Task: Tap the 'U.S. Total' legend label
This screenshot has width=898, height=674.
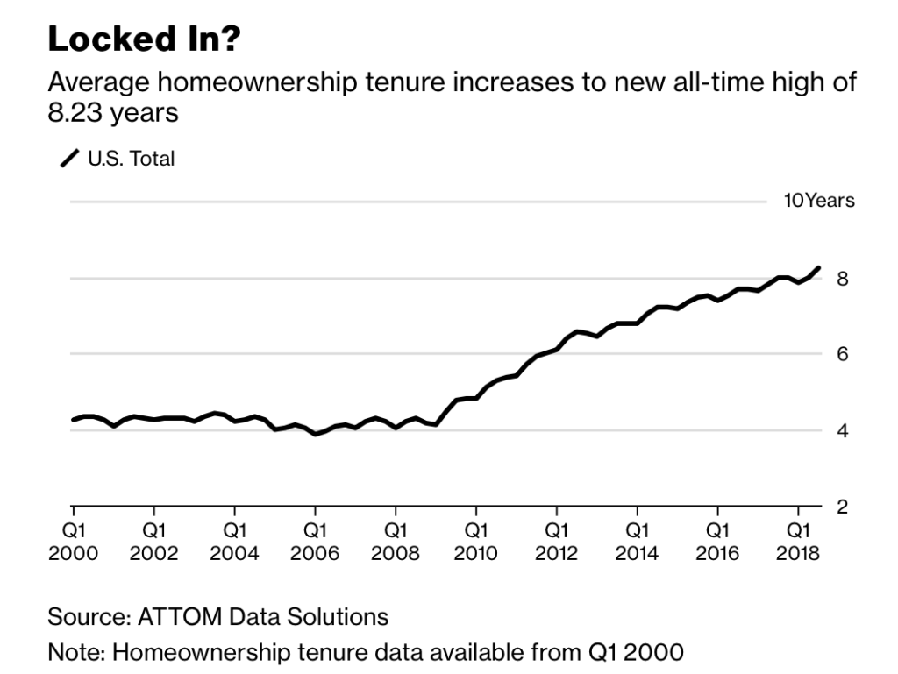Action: pos(131,159)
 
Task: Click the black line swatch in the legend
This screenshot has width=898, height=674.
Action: pos(69,159)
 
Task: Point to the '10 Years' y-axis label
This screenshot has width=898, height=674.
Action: pos(818,201)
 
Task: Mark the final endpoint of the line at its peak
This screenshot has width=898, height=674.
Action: pos(819,268)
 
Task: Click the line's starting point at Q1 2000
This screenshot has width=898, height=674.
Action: pos(74,420)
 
